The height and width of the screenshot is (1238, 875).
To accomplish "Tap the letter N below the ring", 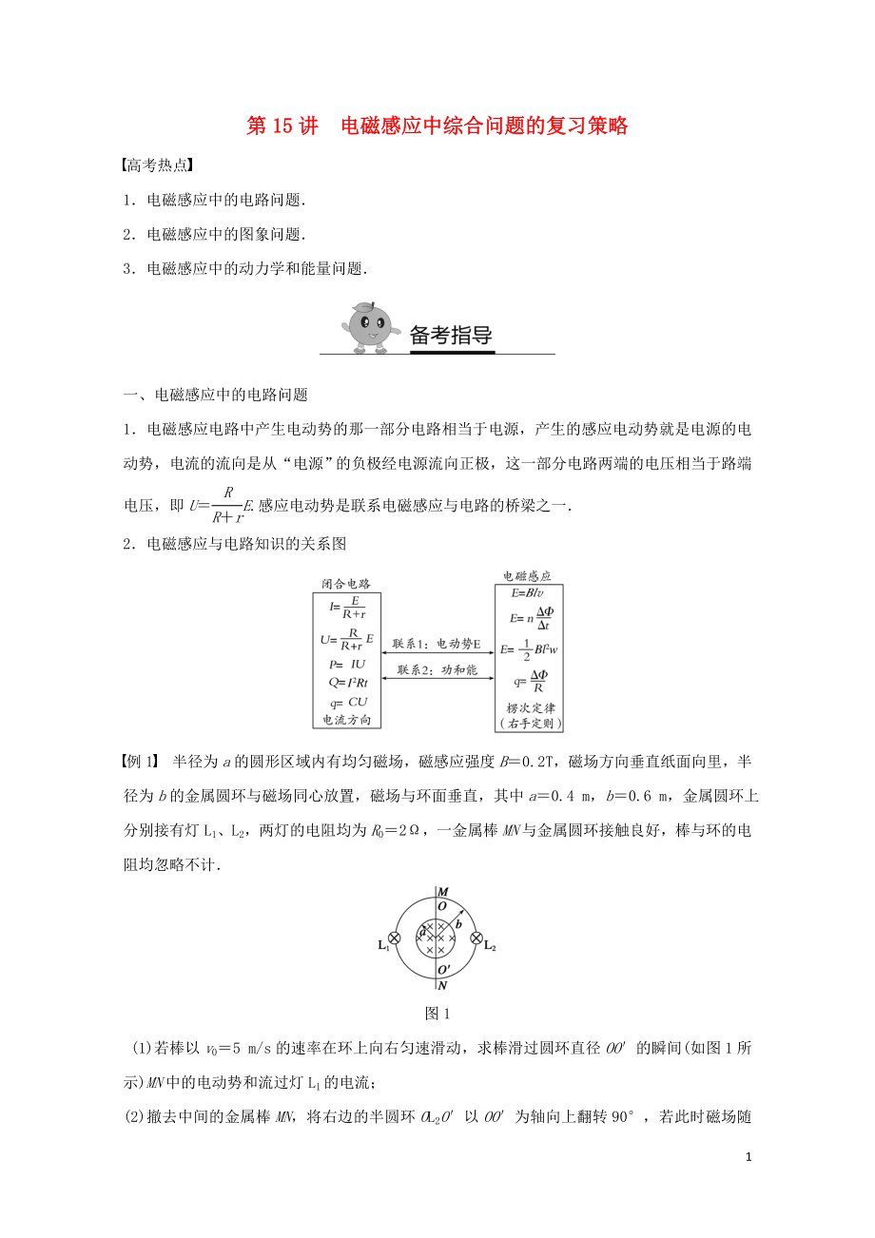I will [x=442, y=986].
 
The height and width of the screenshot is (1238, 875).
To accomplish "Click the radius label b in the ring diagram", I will [x=459, y=922].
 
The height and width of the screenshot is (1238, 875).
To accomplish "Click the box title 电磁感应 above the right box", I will [x=527, y=576].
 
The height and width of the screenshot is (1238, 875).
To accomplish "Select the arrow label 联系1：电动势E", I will [x=437, y=645].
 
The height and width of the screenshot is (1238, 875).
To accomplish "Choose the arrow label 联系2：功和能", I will [x=437, y=670].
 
